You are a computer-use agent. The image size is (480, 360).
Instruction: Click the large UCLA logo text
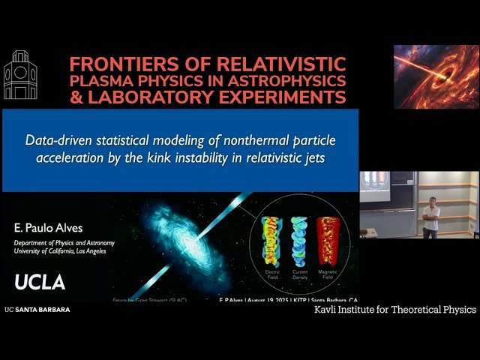coord(40,282)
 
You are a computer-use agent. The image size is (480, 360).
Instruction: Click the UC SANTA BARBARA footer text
coord(37,309)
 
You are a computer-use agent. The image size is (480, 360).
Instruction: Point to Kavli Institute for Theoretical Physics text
coord(394,309)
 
